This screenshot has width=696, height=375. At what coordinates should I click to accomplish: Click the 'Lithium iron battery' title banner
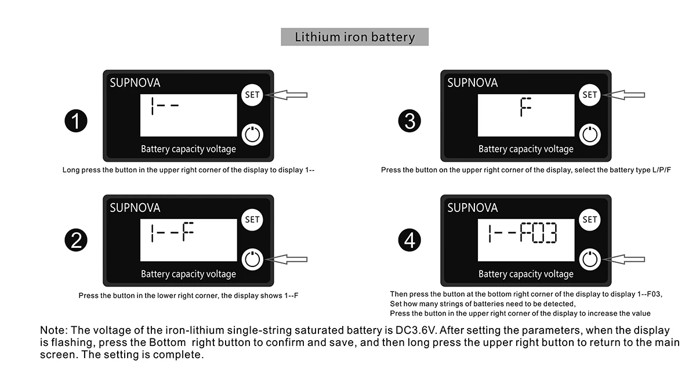354,37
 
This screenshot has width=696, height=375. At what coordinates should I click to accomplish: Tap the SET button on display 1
252,94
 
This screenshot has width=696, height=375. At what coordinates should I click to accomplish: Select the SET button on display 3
590,94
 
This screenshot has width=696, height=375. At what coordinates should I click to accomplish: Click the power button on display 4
590,259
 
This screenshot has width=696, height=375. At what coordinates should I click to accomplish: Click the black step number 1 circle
75,121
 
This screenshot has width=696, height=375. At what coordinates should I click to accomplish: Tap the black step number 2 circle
75,241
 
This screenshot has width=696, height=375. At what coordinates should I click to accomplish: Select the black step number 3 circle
410,121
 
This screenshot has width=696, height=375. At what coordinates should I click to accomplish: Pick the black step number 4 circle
410,241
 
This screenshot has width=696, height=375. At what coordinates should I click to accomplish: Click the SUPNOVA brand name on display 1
135,83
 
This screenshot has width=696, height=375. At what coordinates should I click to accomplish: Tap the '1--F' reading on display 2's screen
171,233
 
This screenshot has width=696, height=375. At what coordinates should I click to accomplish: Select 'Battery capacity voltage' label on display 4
525,274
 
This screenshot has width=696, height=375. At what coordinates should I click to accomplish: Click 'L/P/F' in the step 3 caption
659,170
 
